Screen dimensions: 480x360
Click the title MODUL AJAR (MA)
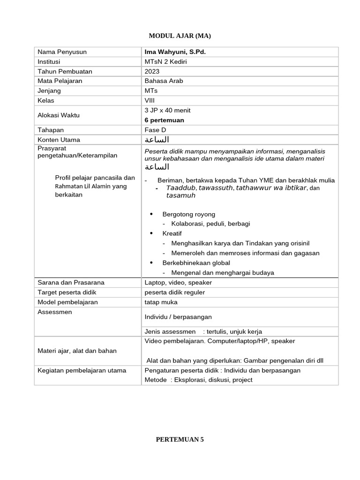pyautogui.click(x=180, y=36)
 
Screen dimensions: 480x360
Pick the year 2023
pyautogui.click(x=152, y=71)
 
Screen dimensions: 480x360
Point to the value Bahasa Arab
pyautogui.click(x=164, y=81)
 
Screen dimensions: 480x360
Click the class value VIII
pyautogui.click(x=150, y=100)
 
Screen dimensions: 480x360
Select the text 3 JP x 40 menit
pyautogui.click(x=168, y=111)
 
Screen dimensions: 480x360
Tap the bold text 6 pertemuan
pyautogui.click(x=165, y=120)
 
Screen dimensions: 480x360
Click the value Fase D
pyautogui.click(x=156, y=130)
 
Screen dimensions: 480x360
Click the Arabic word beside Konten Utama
pyautogui.click(x=157, y=140)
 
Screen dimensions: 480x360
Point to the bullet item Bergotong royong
pyautogui.click(x=189, y=214)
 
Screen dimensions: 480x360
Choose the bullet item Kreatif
pyautogui.click(x=172, y=233)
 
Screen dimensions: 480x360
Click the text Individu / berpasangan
pyautogui.click(x=179, y=317)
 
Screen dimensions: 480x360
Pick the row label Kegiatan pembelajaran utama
pyautogui.click(x=82, y=370)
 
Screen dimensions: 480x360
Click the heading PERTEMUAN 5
pyautogui.click(x=180, y=440)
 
